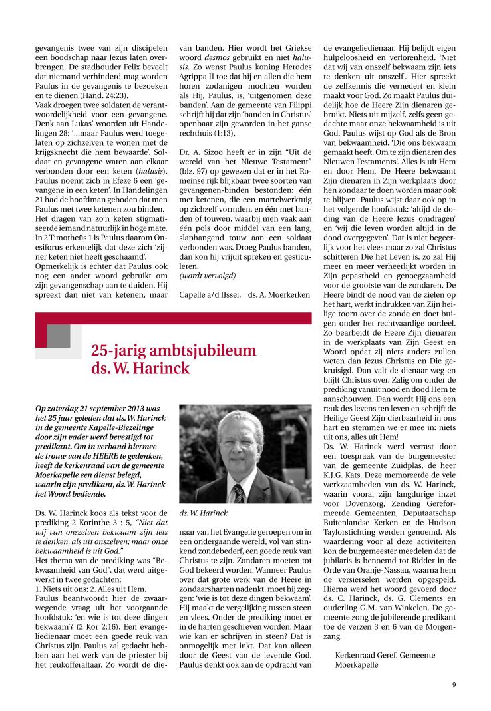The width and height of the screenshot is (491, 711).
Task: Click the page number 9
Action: click(x=453, y=684)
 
